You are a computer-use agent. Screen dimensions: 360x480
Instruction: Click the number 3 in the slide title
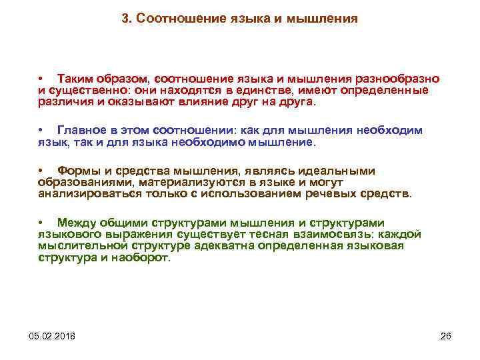[125, 19]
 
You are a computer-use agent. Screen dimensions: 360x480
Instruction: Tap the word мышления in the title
[322, 19]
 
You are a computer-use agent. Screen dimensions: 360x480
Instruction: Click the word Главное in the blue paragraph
[81, 130]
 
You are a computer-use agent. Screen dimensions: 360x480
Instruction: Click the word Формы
[77, 171]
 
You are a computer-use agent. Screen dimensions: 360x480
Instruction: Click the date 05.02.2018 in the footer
[53, 335]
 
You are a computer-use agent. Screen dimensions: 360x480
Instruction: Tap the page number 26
[446, 335]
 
